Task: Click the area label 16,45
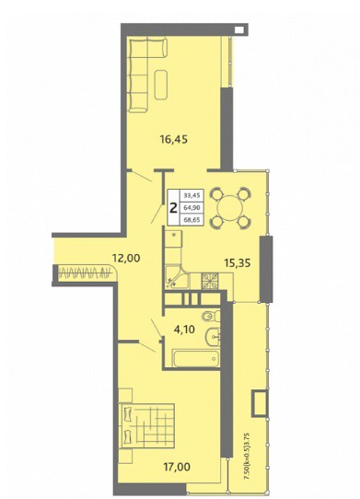174,139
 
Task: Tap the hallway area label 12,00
126,258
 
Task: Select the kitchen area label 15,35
238,263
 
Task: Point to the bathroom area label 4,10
184,329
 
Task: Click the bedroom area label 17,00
177,467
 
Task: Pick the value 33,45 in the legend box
192,196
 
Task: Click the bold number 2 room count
174,208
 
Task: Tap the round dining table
230,208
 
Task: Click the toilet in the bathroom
211,316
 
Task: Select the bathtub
196,359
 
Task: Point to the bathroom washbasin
213,337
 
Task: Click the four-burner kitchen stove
210,281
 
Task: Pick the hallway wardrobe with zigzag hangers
87,273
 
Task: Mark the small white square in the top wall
239,29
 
